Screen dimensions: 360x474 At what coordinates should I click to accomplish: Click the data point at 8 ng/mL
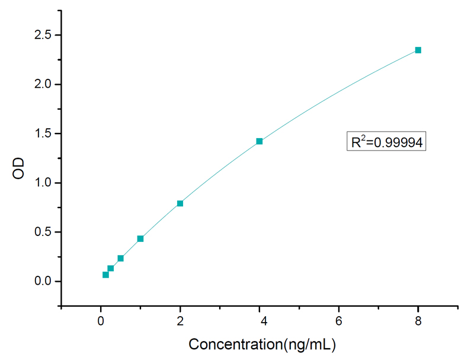pos(418,50)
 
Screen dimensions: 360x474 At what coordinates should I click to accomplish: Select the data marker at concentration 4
pos(260,141)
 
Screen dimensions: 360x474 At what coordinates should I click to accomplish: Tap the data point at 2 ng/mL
pos(180,203)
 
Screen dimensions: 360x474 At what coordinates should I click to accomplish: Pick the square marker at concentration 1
pos(140,238)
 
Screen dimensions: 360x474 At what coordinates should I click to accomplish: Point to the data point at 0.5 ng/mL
pos(120,258)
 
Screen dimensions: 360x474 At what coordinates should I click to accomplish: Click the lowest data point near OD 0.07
pos(105,275)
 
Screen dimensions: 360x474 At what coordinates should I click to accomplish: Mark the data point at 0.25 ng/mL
pos(111,268)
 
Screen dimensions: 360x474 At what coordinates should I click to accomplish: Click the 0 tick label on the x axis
pos(101,321)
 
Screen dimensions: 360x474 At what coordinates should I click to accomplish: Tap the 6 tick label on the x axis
pos(339,321)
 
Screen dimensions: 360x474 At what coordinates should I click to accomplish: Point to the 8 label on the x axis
pos(418,321)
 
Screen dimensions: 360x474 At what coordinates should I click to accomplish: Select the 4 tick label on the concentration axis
pos(260,321)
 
